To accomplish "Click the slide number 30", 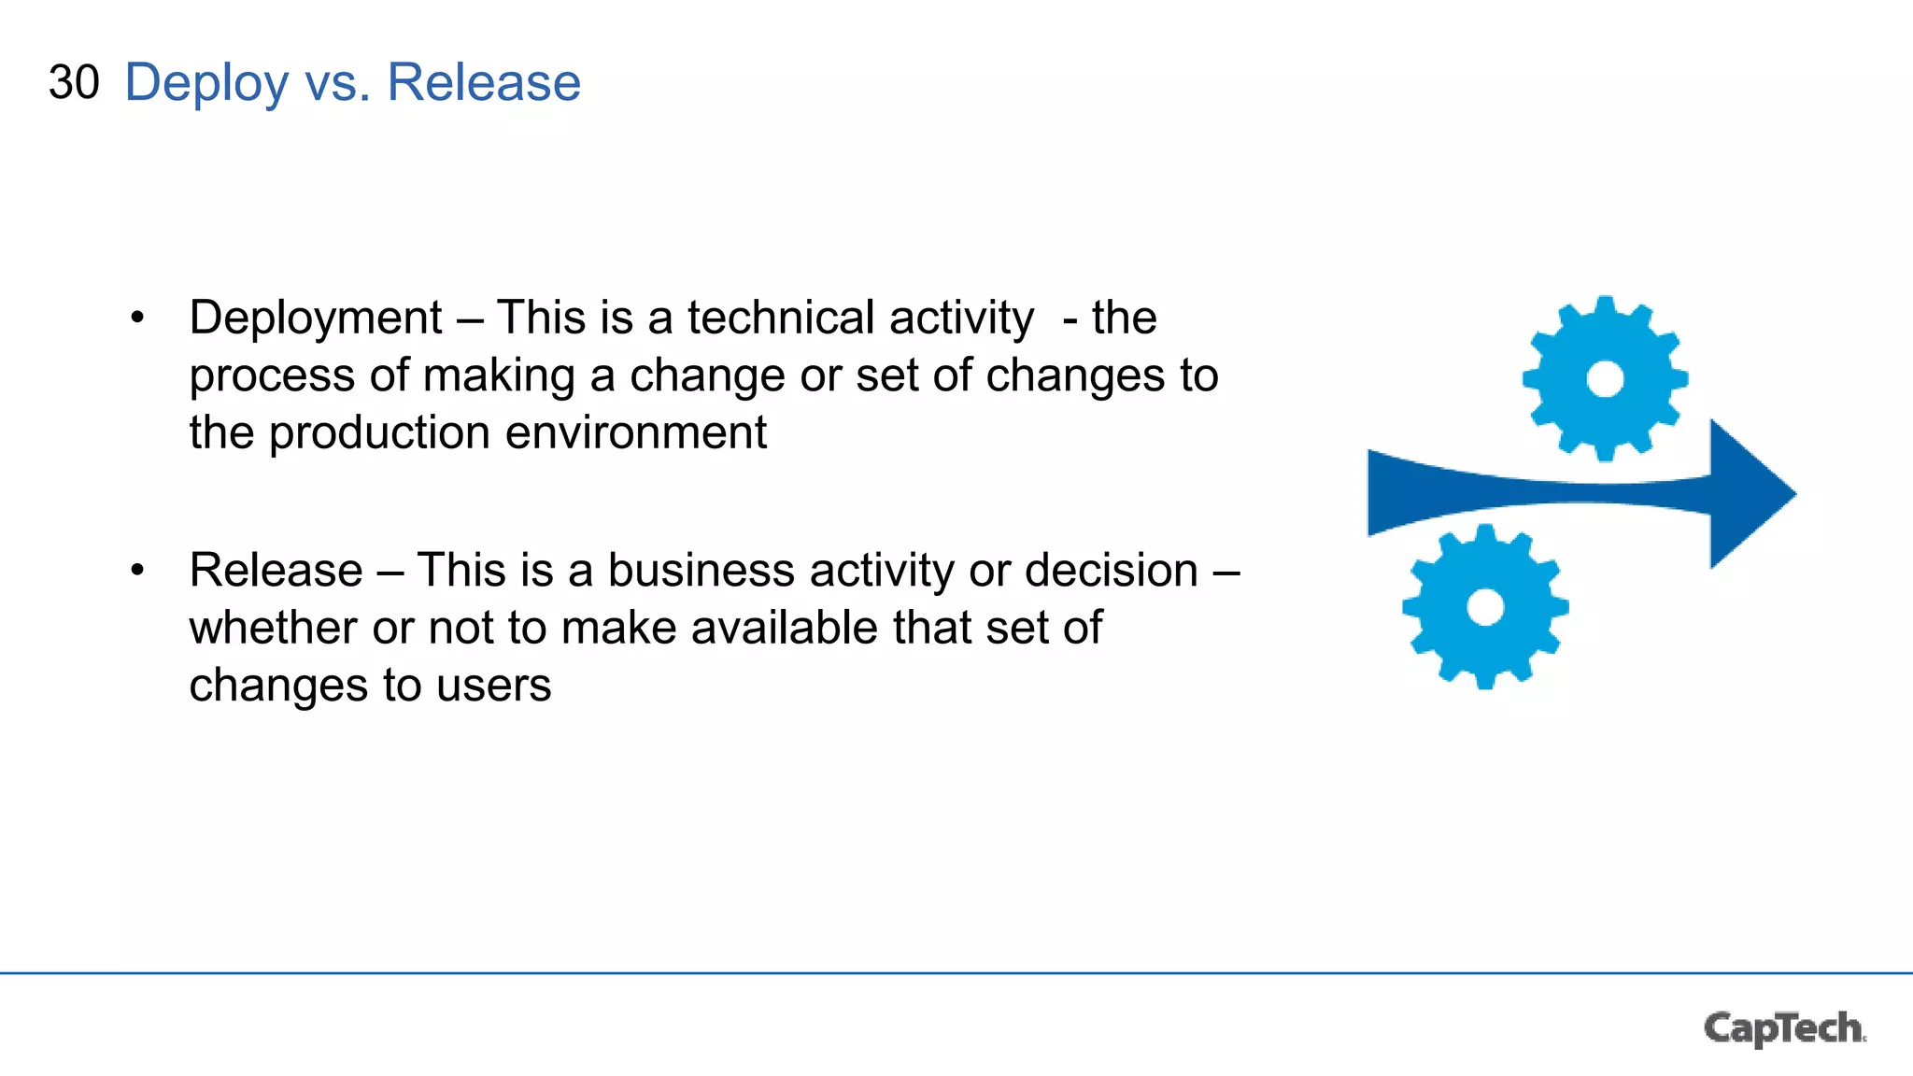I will coord(74,82).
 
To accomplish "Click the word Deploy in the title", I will coord(206,84).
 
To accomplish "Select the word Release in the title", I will coord(483,82).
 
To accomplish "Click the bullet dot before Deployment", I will coord(138,318).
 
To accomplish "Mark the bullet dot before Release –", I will coord(138,570).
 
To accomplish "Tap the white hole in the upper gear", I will coord(1605,379).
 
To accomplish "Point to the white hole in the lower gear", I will coord(1485,607).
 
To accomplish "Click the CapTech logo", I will coord(1784,1028).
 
